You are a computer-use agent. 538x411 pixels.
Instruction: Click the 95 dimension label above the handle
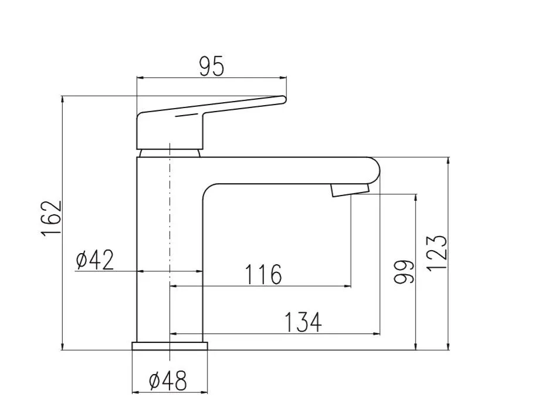coord(212,66)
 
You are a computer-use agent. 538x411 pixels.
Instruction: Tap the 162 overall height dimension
coord(51,218)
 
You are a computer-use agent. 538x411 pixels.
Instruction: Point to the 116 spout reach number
coord(263,275)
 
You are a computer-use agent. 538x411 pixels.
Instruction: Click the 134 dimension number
coord(303,322)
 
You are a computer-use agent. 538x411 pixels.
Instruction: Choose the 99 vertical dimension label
coord(404,272)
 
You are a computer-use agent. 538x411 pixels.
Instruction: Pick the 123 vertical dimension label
coord(437,253)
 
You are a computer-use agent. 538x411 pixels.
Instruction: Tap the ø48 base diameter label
coord(168,380)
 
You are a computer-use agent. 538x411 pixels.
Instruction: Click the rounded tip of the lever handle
coord(284,100)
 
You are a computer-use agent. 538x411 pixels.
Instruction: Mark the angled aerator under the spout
coord(350,190)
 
